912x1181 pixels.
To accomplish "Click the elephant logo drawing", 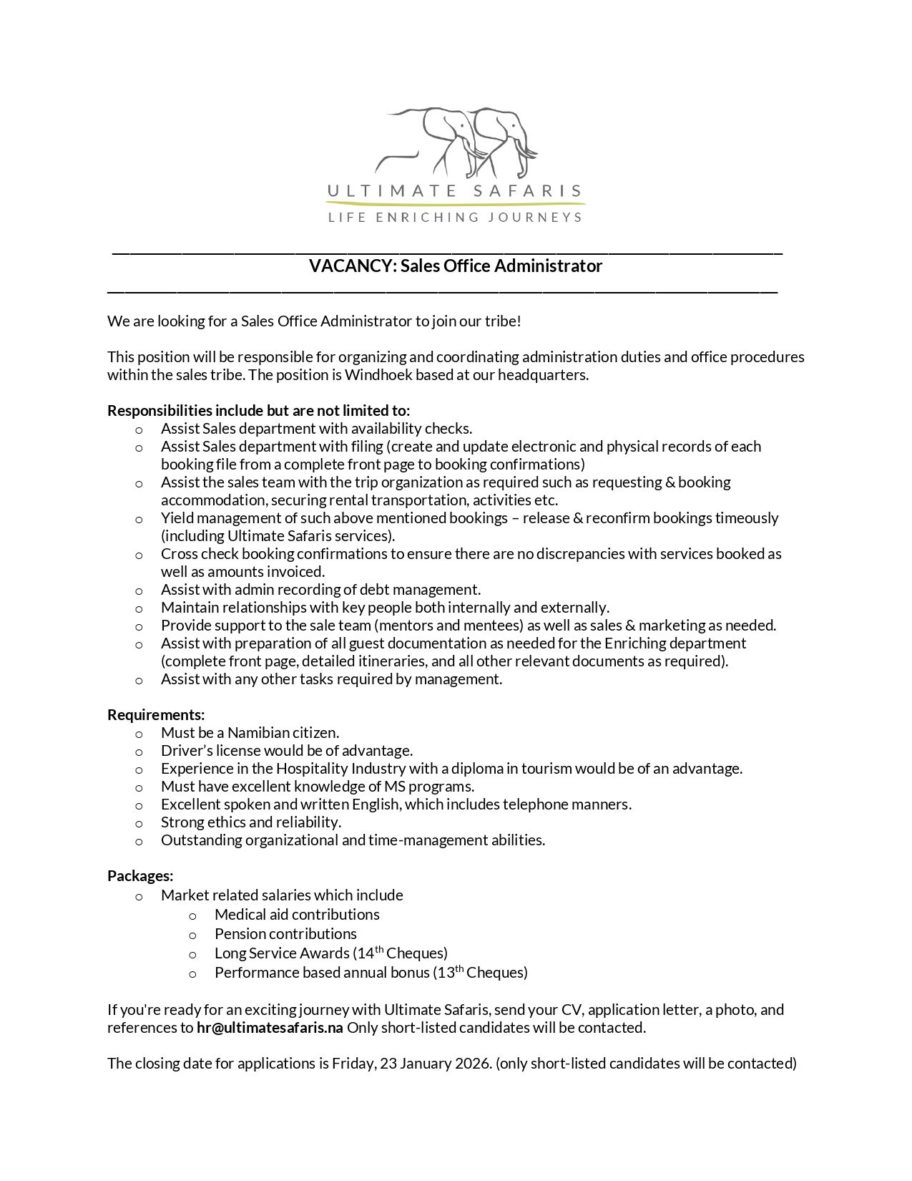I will (x=458, y=143).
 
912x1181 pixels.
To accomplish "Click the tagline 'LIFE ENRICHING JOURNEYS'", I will (x=455, y=217).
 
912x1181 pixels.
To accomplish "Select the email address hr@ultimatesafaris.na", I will (x=270, y=1028).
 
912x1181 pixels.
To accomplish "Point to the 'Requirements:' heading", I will (x=156, y=715).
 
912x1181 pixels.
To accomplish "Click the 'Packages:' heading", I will (x=140, y=876).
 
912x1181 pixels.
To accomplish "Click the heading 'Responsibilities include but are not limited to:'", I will (x=259, y=411).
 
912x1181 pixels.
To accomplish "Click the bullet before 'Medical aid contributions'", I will (x=192, y=915).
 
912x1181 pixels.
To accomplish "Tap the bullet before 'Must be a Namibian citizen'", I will (x=139, y=734).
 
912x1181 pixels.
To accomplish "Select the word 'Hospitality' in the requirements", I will (x=311, y=769).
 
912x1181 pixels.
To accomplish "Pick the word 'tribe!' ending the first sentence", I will (x=503, y=321).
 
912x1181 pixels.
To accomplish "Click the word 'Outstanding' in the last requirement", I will (x=201, y=840).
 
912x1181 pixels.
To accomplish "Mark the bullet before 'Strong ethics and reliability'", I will (x=139, y=823).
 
